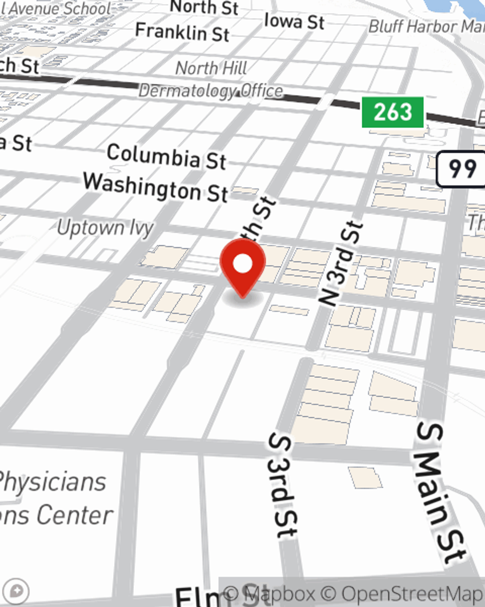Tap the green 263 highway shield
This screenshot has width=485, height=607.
tap(393, 112)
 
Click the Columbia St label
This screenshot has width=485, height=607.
tap(166, 156)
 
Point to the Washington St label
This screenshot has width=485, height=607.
tap(155, 187)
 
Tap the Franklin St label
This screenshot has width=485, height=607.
tap(182, 33)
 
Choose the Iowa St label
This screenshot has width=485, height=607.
tap(294, 21)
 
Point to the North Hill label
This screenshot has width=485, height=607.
tap(211, 68)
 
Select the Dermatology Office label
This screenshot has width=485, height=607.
tap(210, 91)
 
